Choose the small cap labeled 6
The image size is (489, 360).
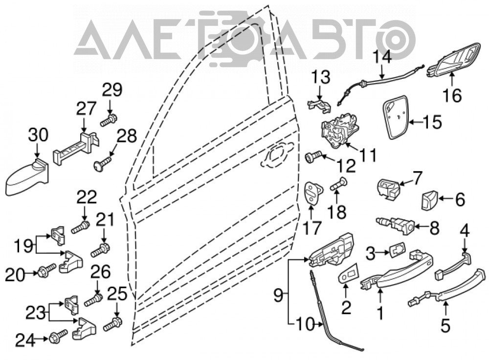[x=429, y=201]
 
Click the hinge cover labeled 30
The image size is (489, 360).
[x=27, y=176]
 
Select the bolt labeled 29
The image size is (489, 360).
[x=109, y=120]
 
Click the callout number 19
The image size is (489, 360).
[x=23, y=247]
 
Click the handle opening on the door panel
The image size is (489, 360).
[x=276, y=155]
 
